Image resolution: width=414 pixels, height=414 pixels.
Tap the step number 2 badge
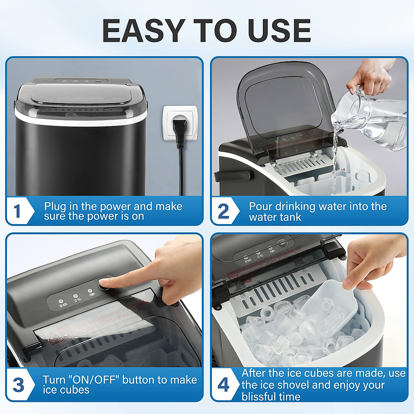[x=223, y=211]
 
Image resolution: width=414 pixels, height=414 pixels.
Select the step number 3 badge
[x=18, y=385]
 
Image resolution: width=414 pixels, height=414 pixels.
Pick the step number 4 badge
[x=223, y=385]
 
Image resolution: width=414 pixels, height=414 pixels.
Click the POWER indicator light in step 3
[x=90, y=292]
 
